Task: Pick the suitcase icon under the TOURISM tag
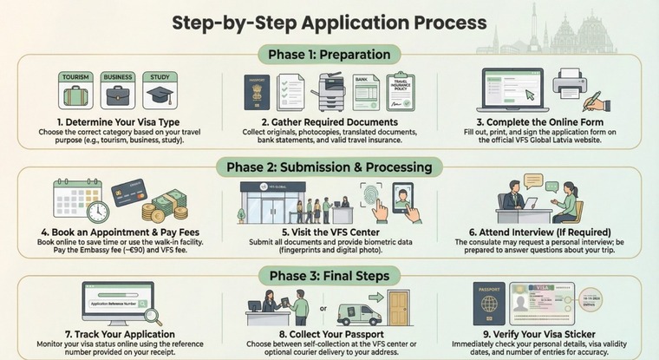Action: [75, 95]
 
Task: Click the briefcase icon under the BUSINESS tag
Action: [118, 95]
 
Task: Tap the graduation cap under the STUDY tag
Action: [160, 95]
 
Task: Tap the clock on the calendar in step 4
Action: [98, 212]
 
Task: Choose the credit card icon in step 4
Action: [128, 193]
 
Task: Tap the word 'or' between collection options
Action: [323, 306]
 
